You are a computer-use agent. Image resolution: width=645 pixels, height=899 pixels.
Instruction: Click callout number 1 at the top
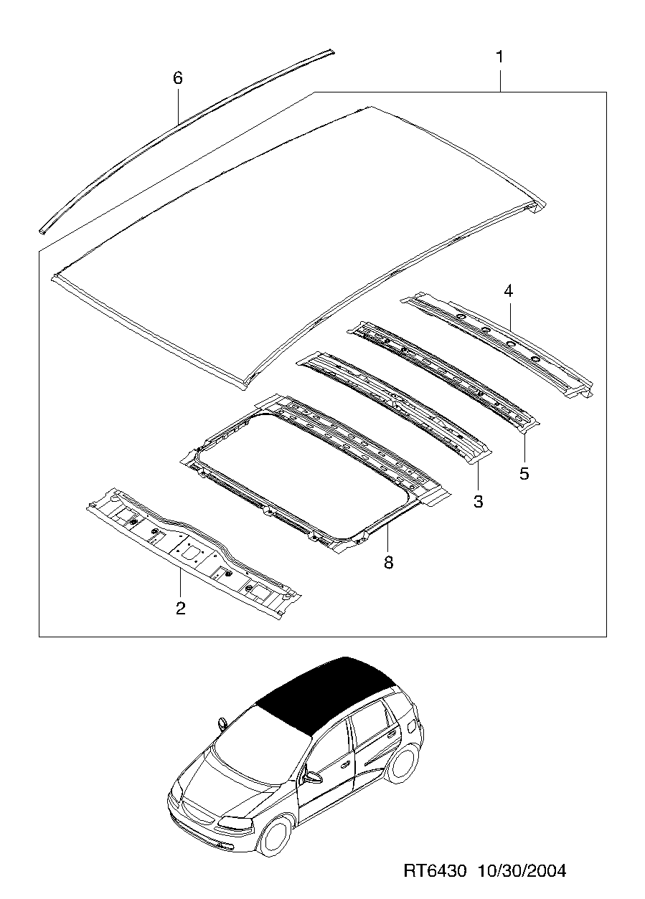(499, 57)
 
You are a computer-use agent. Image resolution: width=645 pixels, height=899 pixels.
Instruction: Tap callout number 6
(177, 78)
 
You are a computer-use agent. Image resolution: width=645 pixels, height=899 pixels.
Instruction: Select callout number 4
(509, 290)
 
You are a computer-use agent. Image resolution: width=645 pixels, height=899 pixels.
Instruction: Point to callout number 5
(524, 473)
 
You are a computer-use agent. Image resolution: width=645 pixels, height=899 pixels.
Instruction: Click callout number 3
(478, 501)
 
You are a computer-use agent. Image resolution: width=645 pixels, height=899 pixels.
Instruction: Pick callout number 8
(388, 562)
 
